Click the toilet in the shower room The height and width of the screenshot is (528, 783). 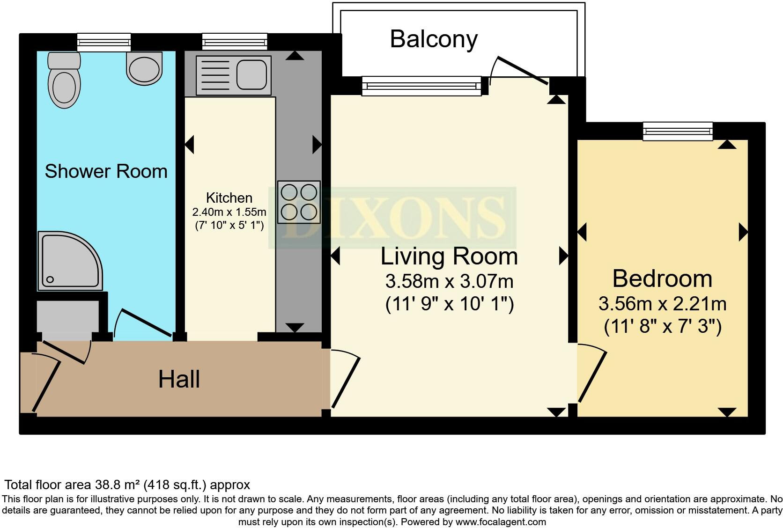click(x=64, y=80)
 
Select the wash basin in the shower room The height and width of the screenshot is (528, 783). click(x=144, y=68)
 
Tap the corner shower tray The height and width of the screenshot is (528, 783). click(x=70, y=261)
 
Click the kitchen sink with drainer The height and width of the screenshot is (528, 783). click(x=234, y=75)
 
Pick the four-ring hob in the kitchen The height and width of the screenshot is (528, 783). click(x=299, y=202)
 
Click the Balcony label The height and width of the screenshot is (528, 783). click(x=434, y=40)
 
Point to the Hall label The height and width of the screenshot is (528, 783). click(x=179, y=380)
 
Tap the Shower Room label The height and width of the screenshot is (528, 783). click(x=106, y=171)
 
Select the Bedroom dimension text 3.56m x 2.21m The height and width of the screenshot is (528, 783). click(x=663, y=304)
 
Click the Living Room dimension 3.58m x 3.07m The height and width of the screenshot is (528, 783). click(x=450, y=281)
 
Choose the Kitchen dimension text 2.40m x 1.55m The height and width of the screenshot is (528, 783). click(x=229, y=212)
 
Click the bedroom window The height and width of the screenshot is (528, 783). click(x=678, y=132)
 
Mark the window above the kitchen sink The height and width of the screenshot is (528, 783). click(x=235, y=42)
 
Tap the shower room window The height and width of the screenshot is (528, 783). click(x=104, y=42)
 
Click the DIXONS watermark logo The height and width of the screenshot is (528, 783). click(x=392, y=218)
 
